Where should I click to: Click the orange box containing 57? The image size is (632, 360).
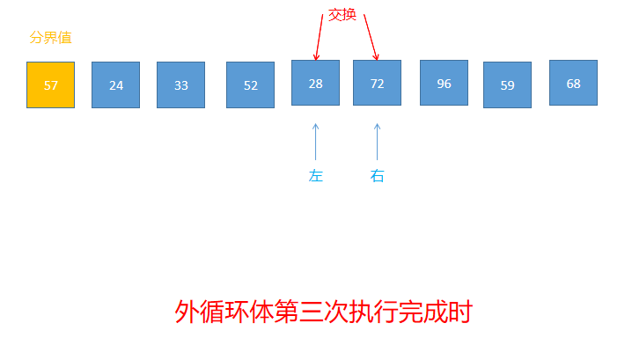(50, 84)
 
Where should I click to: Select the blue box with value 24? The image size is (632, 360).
(115, 84)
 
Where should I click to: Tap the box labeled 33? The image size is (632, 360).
(180, 84)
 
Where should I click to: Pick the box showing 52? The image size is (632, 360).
(250, 84)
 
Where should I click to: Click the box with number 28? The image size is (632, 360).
(315, 83)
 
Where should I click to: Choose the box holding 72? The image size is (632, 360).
(377, 83)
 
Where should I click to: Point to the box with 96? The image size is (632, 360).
(444, 83)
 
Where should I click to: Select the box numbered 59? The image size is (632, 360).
(507, 84)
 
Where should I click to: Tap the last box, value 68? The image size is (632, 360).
(573, 83)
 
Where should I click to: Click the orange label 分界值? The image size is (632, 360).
(50, 38)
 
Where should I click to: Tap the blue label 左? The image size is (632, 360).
(315, 176)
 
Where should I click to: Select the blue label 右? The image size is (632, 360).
(377, 176)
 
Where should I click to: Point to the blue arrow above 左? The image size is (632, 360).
(315, 141)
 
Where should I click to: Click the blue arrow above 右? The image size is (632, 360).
(377, 141)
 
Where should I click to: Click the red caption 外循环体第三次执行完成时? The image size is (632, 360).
(324, 312)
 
